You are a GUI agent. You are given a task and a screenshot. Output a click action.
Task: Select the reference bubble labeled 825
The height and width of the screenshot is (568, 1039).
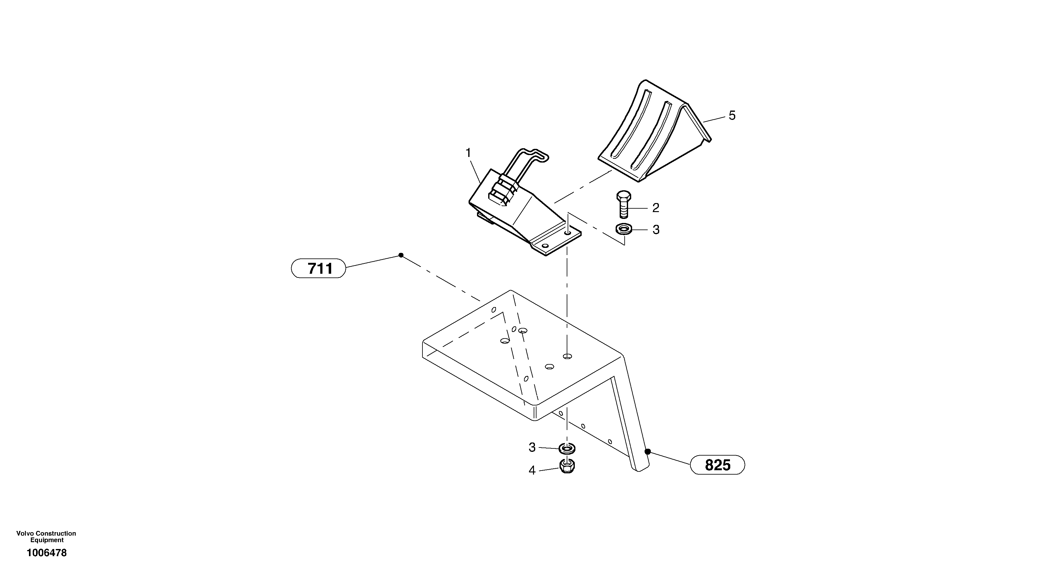(717, 465)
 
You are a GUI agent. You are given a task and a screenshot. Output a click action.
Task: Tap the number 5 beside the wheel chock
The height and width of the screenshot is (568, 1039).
(732, 116)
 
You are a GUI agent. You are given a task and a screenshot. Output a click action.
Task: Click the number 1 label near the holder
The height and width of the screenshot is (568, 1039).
(468, 153)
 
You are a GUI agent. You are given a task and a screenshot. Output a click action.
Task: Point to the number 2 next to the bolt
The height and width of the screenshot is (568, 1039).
(656, 208)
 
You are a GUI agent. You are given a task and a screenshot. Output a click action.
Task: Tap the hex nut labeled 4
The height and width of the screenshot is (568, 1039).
(567, 466)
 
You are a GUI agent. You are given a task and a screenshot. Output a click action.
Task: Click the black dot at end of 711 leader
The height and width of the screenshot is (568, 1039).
(401, 255)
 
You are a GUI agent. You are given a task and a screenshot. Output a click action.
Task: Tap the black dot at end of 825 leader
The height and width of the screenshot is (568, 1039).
(647, 452)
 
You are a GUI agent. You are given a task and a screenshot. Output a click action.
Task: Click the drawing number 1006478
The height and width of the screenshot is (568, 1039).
(47, 553)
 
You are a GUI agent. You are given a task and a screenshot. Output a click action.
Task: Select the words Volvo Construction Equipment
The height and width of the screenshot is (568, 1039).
(46, 537)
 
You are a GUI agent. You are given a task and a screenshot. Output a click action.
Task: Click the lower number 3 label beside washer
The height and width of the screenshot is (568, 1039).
(532, 447)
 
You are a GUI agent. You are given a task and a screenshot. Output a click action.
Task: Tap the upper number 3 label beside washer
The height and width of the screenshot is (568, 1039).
(656, 230)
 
